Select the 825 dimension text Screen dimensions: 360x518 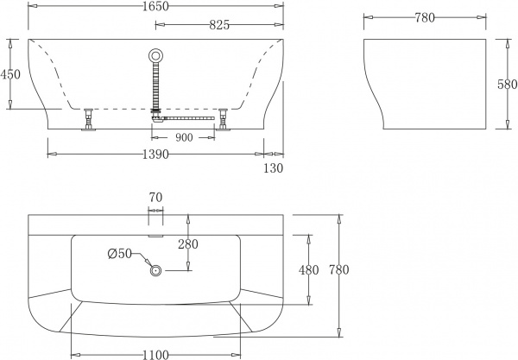point(219,25)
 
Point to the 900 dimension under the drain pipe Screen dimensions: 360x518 point(184,136)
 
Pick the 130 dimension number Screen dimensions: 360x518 point(273,168)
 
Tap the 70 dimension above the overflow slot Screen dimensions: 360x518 point(155,198)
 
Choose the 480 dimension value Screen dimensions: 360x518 point(308,270)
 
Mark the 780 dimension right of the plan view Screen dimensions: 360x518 point(338,270)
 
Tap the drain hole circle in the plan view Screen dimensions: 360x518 point(156,271)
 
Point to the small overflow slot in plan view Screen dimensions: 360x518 point(155,232)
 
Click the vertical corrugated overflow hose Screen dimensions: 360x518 point(156,86)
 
